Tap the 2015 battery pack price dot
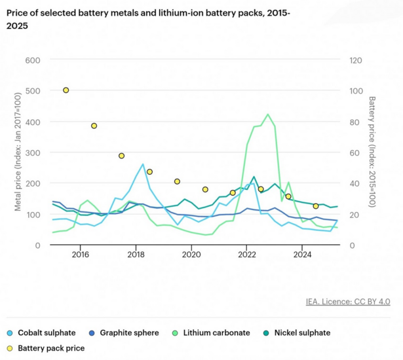[x=66, y=90]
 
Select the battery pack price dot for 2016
[x=94, y=126]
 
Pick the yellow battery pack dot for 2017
[x=121, y=156]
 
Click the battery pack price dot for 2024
[x=316, y=206]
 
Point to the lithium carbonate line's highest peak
[x=267, y=115]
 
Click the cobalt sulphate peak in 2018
[x=142, y=164]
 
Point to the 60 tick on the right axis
[x=355, y=153]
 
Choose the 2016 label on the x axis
[x=80, y=255]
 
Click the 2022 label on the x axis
[x=246, y=255]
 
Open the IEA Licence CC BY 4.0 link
[x=347, y=302]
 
